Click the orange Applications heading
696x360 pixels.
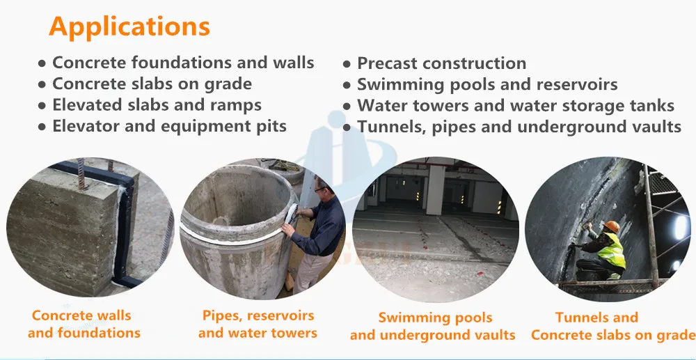[129, 26]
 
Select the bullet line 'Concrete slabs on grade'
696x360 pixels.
[152, 84]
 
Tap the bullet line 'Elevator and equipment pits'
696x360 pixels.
[169, 127]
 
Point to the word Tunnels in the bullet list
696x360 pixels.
[386, 127]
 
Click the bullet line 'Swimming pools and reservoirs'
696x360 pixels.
[487, 85]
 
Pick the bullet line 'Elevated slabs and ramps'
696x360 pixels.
[157, 106]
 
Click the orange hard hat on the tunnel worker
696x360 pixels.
[612, 226]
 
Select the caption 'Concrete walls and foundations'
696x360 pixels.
[84, 324]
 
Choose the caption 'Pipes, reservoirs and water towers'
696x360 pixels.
[258, 324]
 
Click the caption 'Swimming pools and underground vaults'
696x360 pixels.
[432, 327]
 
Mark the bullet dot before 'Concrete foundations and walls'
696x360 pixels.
[42, 63]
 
